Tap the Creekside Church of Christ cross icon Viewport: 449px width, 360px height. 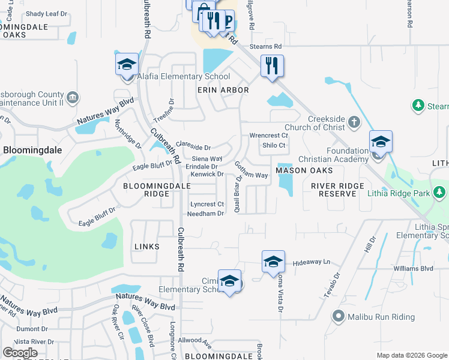click(x=354, y=122)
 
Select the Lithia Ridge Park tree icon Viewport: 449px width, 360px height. click(x=440, y=193)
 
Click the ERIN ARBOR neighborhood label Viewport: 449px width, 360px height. click(x=223, y=90)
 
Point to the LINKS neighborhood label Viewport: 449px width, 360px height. click(x=147, y=247)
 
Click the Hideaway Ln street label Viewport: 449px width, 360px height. click(x=312, y=263)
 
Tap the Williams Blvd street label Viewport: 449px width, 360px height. click(x=414, y=268)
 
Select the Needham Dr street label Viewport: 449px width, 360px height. click(x=205, y=214)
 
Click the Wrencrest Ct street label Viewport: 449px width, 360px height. click(x=269, y=136)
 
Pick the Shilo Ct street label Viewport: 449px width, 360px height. click(x=274, y=145)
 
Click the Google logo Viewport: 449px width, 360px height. click(x=20, y=352)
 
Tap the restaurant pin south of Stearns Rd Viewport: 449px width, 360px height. click(x=272, y=65)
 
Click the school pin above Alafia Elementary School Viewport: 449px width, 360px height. click(x=127, y=64)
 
